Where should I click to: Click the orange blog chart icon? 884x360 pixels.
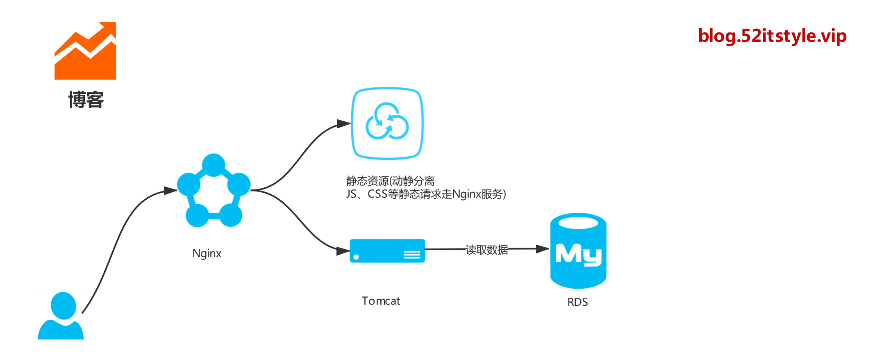click(85, 51)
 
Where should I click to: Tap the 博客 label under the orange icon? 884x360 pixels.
click(86, 100)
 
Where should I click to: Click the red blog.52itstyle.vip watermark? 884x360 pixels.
click(772, 36)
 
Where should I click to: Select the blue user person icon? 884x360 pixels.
click(61, 316)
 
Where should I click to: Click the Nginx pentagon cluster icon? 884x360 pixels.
click(214, 191)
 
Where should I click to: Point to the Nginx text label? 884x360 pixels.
click(207, 253)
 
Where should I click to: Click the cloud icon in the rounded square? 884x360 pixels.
click(387, 123)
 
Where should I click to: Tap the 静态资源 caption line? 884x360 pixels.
click(390, 181)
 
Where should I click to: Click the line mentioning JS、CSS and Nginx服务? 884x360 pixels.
click(426, 194)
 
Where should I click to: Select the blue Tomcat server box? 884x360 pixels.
click(387, 251)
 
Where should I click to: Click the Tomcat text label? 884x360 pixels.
click(381, 301)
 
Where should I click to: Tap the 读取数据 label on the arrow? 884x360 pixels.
click(486, 249)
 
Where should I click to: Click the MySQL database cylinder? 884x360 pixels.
click(578, 251)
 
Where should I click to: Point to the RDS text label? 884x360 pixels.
click(577, 302)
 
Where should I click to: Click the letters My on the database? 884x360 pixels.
click(578, 255)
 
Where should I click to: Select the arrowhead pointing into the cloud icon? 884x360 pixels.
click(343, 123)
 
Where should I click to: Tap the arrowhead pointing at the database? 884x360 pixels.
click(543, 249)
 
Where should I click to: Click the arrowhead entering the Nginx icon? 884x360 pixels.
click(170, 191)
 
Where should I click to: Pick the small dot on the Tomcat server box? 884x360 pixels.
click(356, 257)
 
